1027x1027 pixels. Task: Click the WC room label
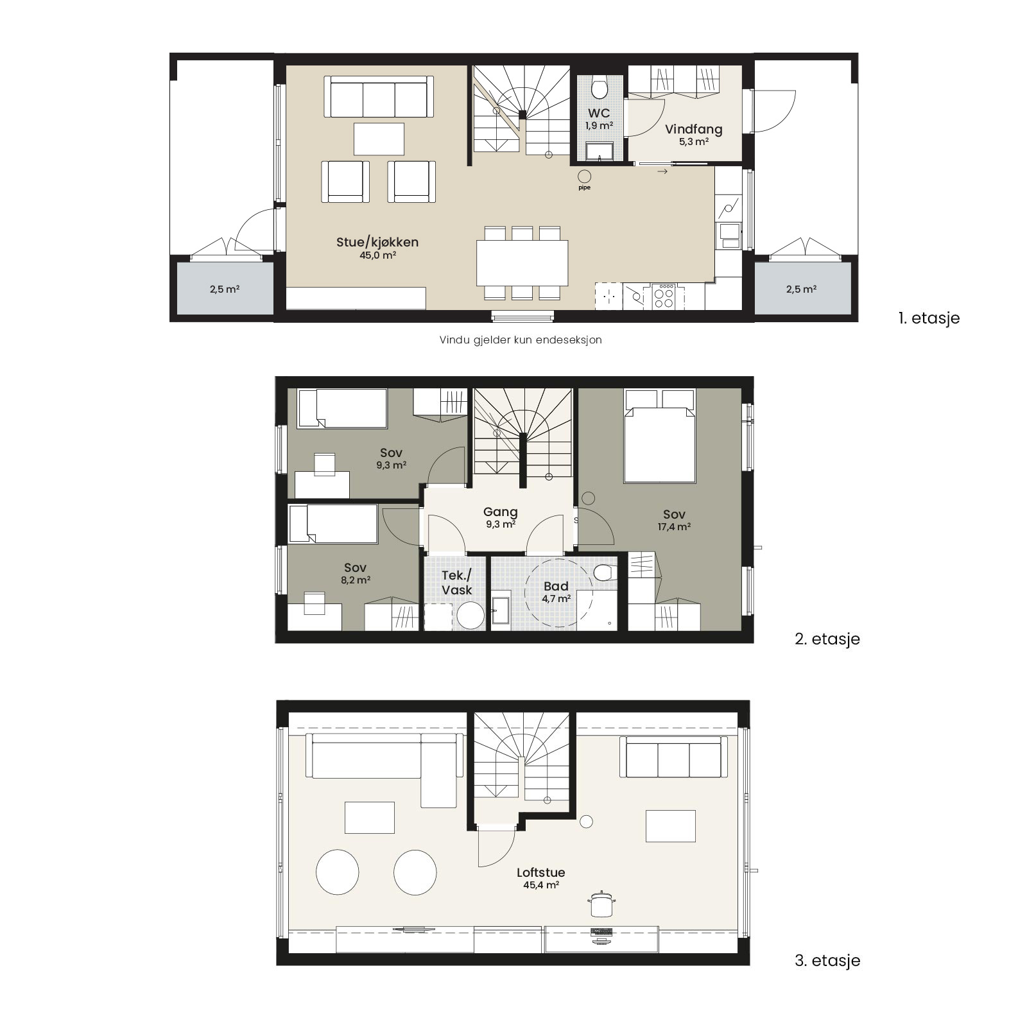pos(599,114)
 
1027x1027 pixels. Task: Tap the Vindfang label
pos(694,129)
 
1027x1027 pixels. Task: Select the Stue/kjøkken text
pos(377,242)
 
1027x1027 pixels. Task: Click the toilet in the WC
pos(600,86)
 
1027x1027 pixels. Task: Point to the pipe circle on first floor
pos(584,176)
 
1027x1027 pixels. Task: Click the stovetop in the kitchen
pos(664,296)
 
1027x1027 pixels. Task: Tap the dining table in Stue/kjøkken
pos(522,263)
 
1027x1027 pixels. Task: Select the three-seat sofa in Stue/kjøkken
pos(378,97)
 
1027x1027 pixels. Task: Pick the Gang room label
pos(501,512)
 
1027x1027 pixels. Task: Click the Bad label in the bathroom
pos(556,586)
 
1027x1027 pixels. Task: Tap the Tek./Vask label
pos(457,582)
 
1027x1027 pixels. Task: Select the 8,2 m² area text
pos(356,580)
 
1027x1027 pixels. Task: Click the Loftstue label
pos(541,872)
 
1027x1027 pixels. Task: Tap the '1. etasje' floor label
pos(929,318)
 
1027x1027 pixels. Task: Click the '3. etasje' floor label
pos(827,960)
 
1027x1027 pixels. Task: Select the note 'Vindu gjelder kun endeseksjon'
pos(521,340)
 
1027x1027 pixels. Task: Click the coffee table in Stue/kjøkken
pos(379,139)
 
